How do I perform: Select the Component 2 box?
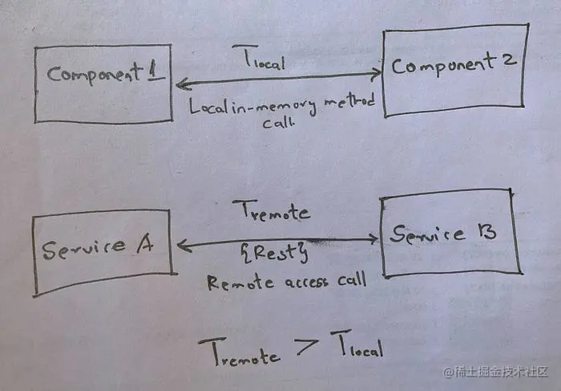click(456, 70)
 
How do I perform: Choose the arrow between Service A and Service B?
click(277, 239)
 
